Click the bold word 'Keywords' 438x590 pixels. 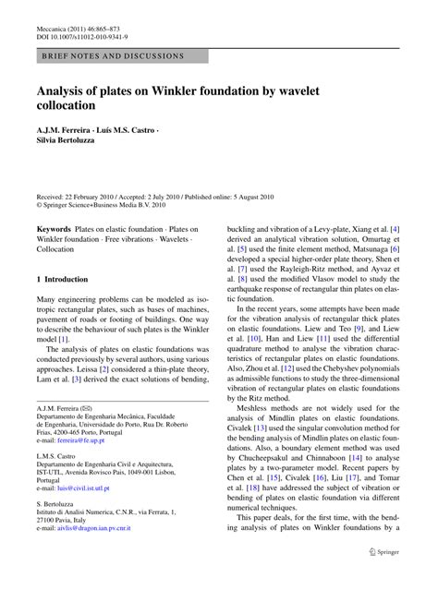[54, 225]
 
